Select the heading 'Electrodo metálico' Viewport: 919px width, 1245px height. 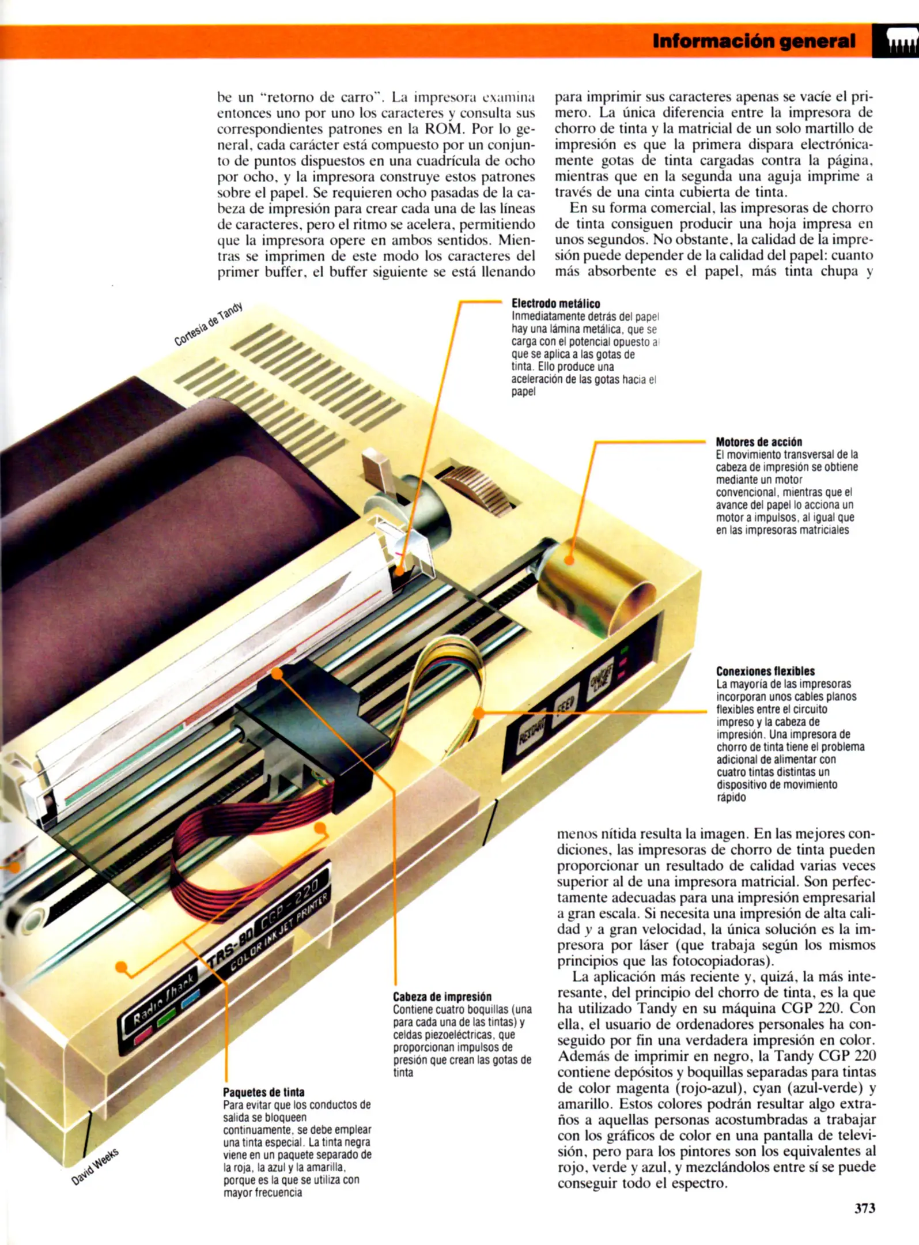pos(555,304)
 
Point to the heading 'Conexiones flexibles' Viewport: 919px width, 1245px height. pos(765,671)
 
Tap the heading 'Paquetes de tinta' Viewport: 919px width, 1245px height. pos(263,1092)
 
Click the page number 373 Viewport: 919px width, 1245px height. pos(864,1209)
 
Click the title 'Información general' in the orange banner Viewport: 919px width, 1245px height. pos(754,41)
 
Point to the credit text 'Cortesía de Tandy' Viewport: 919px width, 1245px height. pos(209,324)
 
